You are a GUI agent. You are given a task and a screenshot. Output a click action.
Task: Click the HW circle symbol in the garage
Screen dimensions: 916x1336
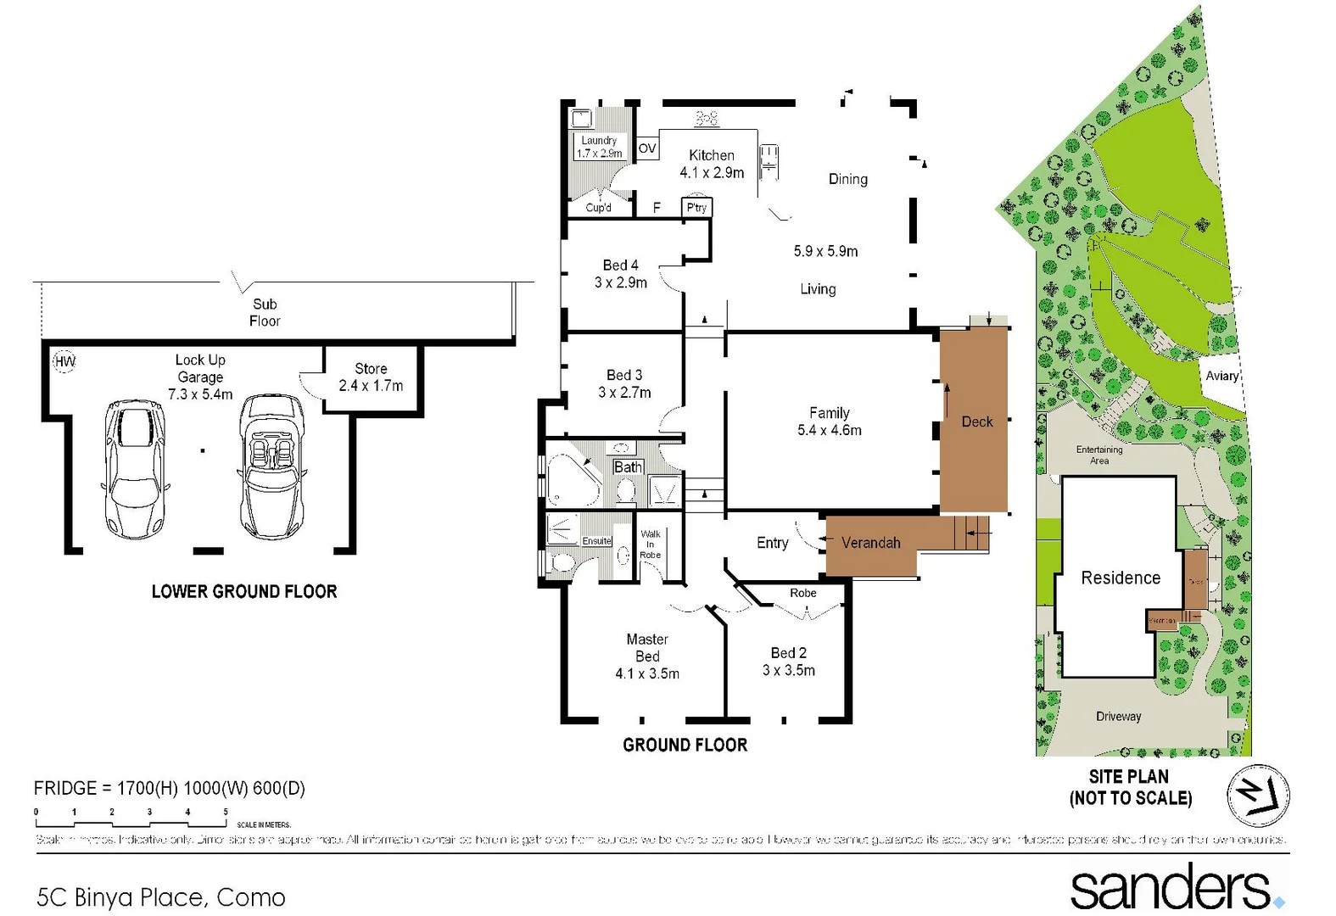click(64, 361)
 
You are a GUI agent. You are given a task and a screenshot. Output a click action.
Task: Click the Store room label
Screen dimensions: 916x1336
click(371, 369)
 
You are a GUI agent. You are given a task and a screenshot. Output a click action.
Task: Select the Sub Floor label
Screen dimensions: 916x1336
click(265, 312)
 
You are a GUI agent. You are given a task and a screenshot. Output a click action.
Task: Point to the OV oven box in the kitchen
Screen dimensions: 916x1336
click(646, 148)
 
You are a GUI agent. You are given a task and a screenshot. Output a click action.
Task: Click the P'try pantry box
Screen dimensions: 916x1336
click(696, 207)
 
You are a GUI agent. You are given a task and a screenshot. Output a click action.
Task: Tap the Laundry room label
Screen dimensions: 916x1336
click(599, 141)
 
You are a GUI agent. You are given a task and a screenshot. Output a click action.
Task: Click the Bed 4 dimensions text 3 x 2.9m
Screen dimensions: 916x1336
click(620, 282)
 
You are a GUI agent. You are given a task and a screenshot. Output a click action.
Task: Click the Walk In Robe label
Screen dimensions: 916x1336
click(651, 544)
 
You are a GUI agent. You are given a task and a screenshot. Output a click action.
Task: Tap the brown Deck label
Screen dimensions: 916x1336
click(976, 422)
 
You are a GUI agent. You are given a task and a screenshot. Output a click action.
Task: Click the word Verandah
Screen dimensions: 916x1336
click(870, 543)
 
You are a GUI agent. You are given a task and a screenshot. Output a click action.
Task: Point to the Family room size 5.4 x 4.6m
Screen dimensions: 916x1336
click(829, 430)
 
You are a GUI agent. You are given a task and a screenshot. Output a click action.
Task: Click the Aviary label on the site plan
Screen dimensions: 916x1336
click(1221, 376)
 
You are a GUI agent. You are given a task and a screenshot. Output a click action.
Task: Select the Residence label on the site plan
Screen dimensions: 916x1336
click(1120, 578)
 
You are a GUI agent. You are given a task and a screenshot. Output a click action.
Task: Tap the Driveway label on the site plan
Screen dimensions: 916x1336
click(1118, 717)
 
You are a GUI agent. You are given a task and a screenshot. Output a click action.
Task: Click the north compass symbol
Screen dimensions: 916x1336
click(1258, 796)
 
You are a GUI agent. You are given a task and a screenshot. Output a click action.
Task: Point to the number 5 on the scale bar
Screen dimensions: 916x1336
click(226, 812)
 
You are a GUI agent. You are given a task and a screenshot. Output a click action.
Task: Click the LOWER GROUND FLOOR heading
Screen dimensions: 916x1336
click(244, 591)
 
